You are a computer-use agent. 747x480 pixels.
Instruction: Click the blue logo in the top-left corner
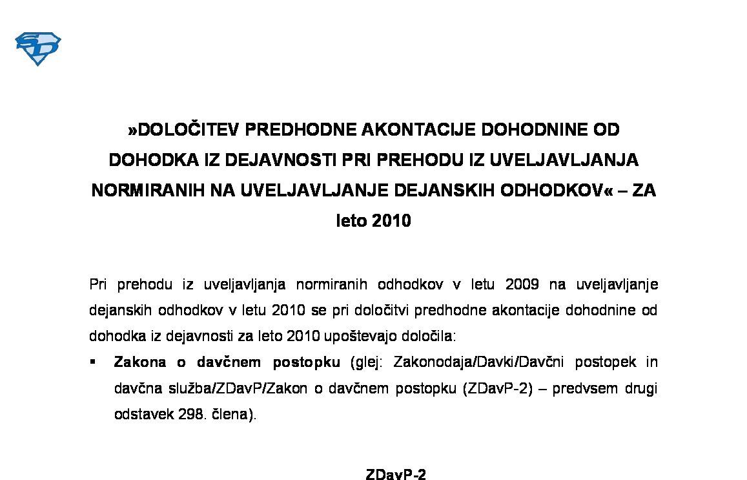[37, 48]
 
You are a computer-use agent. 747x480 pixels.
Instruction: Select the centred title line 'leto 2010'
[373, 221]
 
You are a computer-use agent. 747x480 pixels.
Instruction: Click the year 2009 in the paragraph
[522, 285]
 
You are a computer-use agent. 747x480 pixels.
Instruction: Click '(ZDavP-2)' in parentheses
[497, 388]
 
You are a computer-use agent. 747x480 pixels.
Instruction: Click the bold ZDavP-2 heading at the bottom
[396, 475]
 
